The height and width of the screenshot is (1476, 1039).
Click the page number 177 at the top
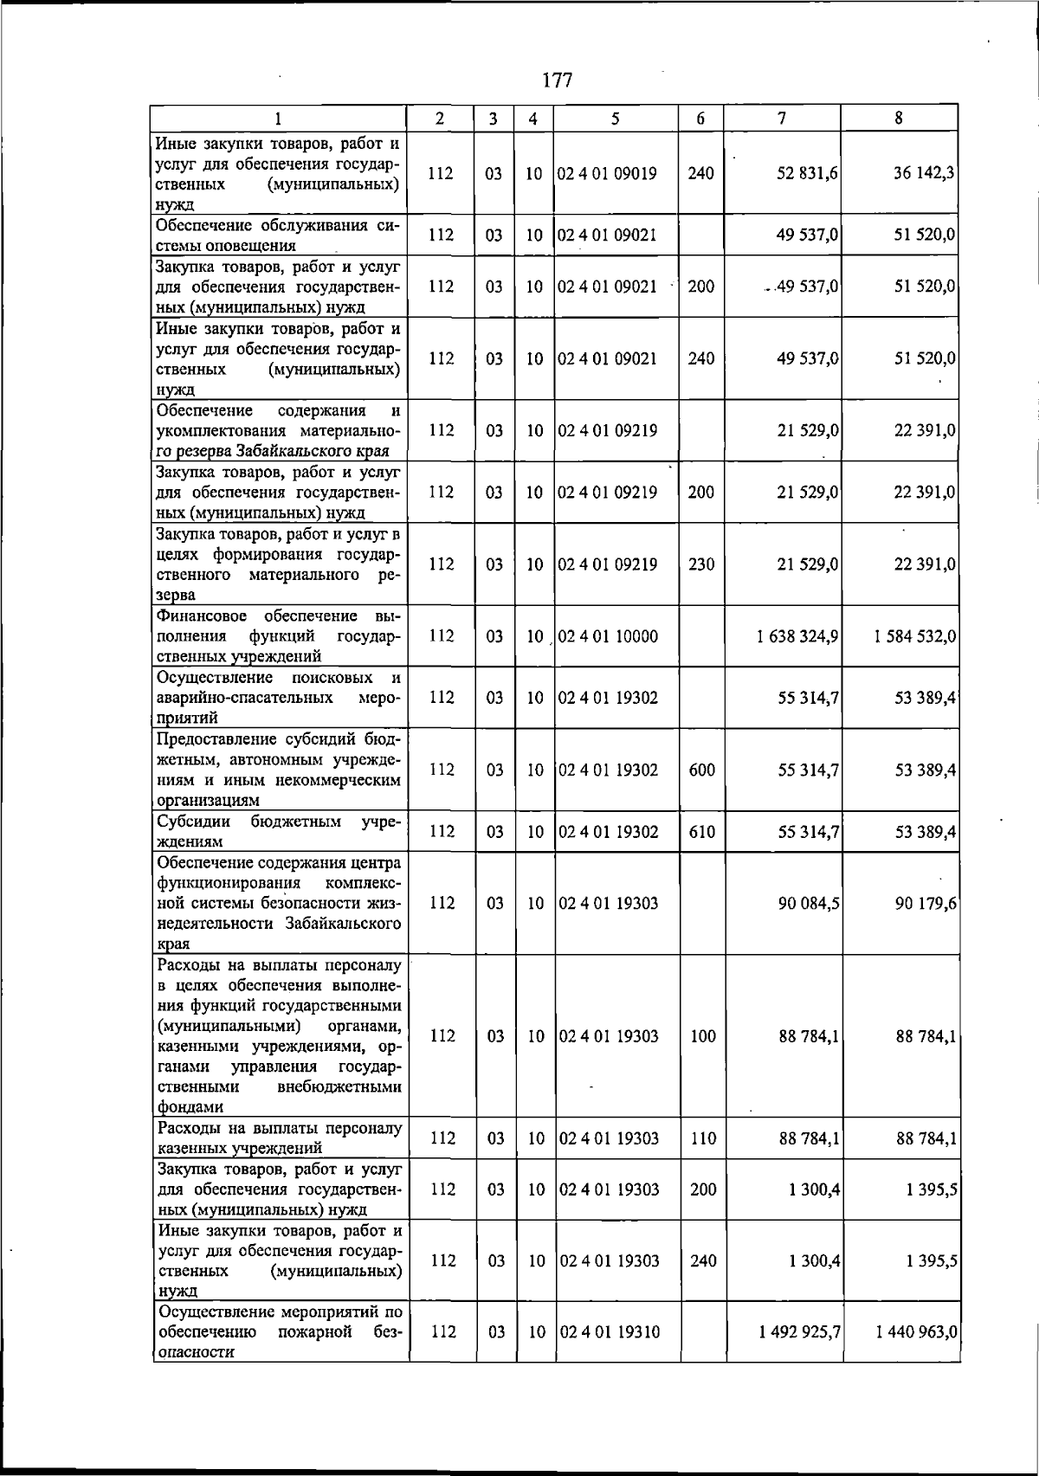click(558, 81)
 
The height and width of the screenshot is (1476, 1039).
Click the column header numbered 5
click(614, 119)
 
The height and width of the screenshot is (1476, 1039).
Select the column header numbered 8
click(900, 119)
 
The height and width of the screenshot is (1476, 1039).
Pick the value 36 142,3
click(924, 173)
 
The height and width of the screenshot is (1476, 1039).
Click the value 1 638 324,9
click(797, 636)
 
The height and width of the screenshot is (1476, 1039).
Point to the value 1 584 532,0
click(914, 636)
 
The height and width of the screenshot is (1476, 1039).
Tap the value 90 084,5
click(809, 903)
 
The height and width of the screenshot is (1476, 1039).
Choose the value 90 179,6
click(925, 903)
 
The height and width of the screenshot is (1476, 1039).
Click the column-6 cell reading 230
click(701, 564)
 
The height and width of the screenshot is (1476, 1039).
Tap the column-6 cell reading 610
click(702, 832)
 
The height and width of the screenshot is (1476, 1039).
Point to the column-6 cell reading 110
click(703, 1138)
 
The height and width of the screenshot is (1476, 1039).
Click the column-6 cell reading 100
click(703, 1036)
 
